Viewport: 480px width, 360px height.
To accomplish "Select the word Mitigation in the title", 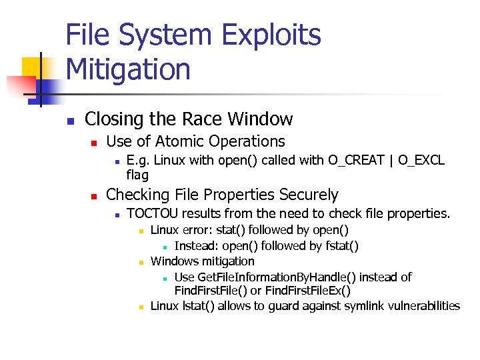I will pos(128,69).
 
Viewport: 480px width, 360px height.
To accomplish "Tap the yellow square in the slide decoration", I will pos(35,69).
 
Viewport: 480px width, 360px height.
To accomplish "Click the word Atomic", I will pos(180,141).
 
